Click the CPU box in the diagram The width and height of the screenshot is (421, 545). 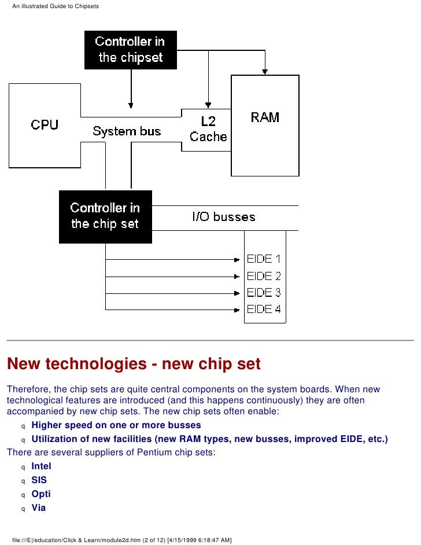point(45,125)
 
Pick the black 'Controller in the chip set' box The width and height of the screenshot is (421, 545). point(105,216)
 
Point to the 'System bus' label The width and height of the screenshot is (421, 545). point(127,131)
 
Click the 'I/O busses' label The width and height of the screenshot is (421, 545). point(223,218)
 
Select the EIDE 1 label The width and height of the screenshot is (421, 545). point(264,259)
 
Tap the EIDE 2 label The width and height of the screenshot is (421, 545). point(264,276)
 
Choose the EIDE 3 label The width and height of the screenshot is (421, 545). point(264,292)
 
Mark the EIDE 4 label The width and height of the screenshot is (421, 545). point(264,309)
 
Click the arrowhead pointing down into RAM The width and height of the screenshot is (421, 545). point(265,72)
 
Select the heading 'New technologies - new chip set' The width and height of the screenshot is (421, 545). point(134,364)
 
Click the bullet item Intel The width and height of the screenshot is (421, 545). point(41,466)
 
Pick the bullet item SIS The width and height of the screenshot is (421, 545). point(39,480)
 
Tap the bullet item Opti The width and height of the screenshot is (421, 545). point(40,494)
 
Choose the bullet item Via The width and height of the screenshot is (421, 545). point(38,508)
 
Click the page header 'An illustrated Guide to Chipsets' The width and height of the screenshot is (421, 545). point(56,6)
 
